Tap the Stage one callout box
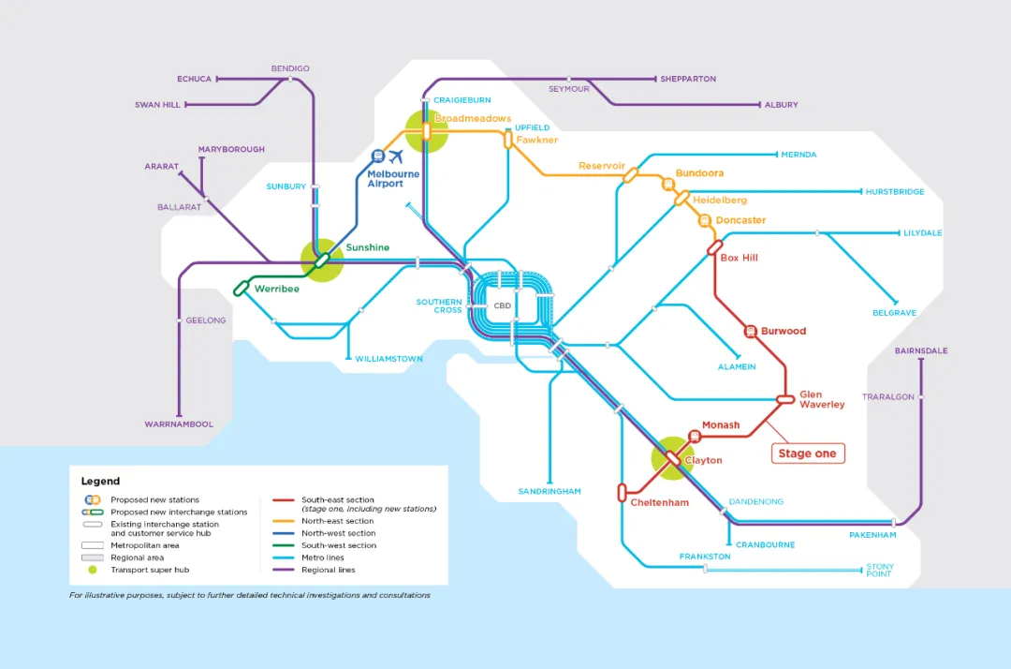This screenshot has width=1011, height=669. coord(807,453)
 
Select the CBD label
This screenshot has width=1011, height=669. coord(503,305)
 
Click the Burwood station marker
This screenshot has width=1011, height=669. coord(751,331)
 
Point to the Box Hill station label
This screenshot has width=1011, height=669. coord(740,258)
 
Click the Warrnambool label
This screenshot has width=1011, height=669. coord(179,424)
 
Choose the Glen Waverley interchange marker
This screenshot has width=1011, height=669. coord(785,399)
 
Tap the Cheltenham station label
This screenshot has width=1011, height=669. coord(659,503)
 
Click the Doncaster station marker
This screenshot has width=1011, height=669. coord(704,220)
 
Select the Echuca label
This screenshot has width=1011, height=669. coord(195,80)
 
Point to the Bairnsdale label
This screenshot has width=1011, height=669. coord(921,351)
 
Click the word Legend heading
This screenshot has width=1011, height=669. coord(100,482)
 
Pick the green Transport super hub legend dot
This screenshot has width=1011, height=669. coord(93,570)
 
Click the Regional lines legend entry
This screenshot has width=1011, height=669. coord(328,570)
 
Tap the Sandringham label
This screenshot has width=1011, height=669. coord(549,492)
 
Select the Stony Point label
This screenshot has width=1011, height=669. coord(880,571)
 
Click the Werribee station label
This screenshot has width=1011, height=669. coord(277,290)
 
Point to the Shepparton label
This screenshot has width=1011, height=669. coord(688,80)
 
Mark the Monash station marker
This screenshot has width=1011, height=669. coord(695,436)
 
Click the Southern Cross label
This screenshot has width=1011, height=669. coord(439,306)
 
